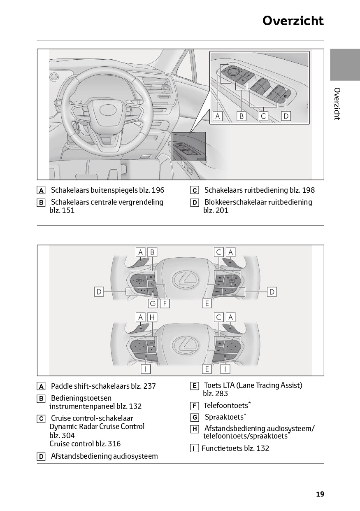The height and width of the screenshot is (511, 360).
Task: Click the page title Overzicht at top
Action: pos(293,21)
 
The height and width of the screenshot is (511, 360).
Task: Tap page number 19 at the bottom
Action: pos(320,494)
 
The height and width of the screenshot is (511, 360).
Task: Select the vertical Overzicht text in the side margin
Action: pos(337,104)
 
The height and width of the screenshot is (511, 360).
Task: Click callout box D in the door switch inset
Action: pos(286,116)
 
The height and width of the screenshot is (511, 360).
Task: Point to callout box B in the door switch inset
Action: pos(241,116)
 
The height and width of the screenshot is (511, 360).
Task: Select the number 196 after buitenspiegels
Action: pos(158,190)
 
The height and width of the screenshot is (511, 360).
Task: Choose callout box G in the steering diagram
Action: pos(153,303)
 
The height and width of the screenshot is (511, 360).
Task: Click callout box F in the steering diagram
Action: pos(165,303)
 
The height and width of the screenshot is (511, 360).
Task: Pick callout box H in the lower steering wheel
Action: pos(152,317)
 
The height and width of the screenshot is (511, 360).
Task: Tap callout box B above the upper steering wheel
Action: pos(152,252)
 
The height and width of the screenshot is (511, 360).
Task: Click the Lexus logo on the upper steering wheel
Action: pos(186,279)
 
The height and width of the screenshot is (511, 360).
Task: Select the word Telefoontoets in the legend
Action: pos(226,406)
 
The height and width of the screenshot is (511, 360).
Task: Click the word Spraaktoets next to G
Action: pos(224,417)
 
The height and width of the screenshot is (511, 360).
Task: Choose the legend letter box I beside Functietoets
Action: pos(195,448)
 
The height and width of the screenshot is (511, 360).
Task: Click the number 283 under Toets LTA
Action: pos(222,394)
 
